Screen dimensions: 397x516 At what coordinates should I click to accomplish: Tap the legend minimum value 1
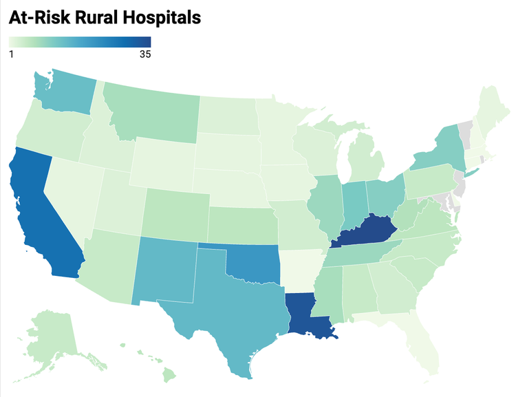point(12,54)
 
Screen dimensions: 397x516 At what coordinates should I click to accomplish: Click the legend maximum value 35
point(144,54)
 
